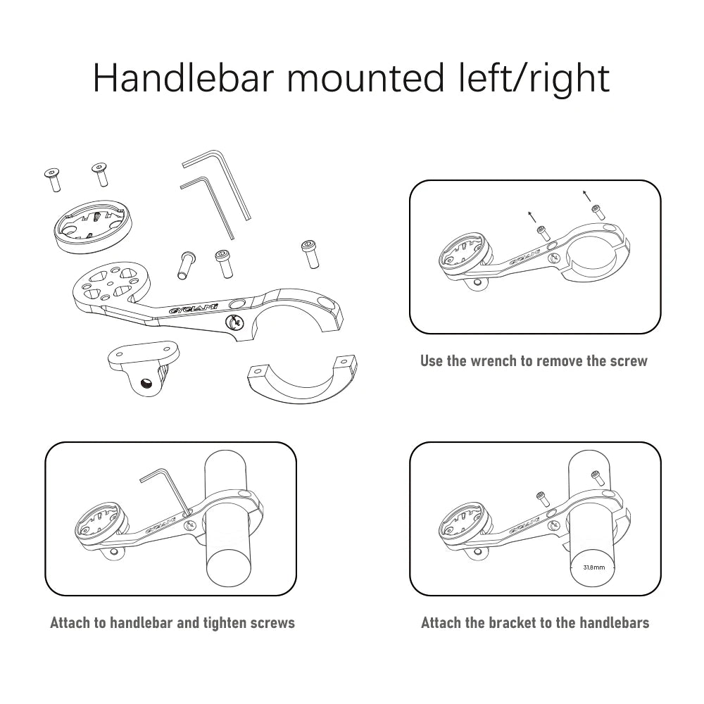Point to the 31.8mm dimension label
[593, 567]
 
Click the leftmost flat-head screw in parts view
[53, 179]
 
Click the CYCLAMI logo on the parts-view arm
[193, 308]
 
